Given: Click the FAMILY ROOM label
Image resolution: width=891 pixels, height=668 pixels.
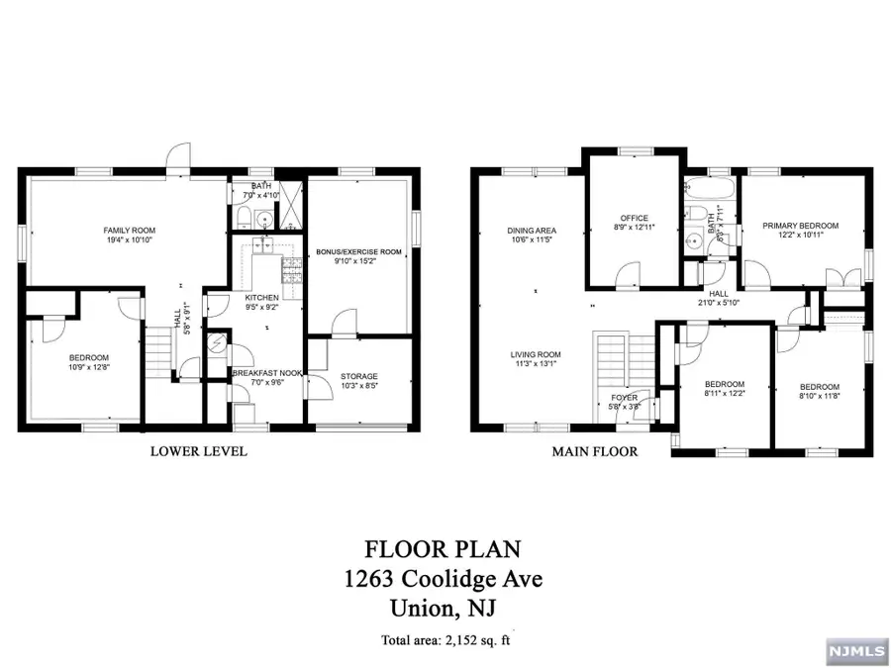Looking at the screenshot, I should [x=130, y=231].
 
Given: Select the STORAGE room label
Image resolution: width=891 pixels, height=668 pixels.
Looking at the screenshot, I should [x=357, y=376].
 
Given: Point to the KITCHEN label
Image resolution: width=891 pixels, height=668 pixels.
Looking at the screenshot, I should [x=262, y=297].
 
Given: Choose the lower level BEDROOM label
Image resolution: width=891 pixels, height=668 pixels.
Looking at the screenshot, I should [x=88, y=357].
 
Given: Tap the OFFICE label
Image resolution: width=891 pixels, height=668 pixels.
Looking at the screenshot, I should [x=634, y=218].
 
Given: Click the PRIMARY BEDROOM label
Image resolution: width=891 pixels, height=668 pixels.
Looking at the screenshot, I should [x=800, y=226].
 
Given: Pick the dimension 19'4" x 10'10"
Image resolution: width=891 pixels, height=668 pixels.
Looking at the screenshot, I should [x=130, y=240].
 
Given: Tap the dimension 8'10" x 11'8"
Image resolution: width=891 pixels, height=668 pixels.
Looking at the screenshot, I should [x=819, y=396].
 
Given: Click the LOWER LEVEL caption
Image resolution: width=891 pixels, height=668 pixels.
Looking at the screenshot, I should [x=198, y=451].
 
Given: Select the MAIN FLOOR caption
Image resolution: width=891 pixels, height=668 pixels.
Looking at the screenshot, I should [x=596, y=451].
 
